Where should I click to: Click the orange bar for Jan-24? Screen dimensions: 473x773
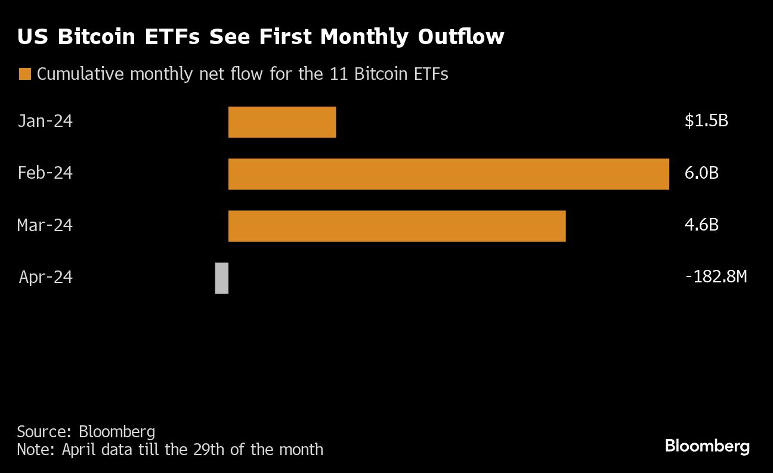click(282, 122)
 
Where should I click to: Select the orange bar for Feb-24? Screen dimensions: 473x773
click(449, 174)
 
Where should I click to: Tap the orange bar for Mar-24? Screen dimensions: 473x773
click(397, 226)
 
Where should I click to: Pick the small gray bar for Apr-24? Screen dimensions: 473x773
click(221, 278)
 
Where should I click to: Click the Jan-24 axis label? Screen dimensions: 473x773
click(45, 122)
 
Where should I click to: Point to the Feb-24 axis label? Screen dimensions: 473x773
click(45, 173)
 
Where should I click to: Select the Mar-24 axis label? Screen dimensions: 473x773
click(45, 225)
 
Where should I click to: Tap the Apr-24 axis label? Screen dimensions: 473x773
click(46, 277)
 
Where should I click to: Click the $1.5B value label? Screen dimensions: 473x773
click(706, 122)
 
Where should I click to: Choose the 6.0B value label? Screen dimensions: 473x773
click(701, 173)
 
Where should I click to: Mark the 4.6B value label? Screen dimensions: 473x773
click(701, 225)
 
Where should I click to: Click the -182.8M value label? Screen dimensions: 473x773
click(716, 277)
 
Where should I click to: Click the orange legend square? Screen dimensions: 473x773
click(24, 74)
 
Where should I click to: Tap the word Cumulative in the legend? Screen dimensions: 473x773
click(81, 74)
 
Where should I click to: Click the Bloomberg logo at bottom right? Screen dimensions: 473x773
click(707, 446)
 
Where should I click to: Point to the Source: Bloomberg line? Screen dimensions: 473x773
click(86, 431)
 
